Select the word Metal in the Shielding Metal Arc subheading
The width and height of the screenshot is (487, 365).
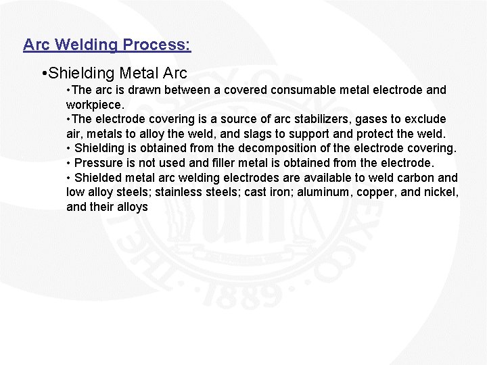click(140, 72)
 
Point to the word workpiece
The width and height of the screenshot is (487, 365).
click(94, 105)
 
